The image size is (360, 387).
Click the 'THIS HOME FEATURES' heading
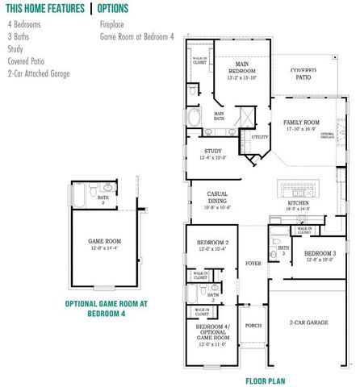[x=44, y=9]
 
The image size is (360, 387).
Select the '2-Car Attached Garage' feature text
[x=39, y=73]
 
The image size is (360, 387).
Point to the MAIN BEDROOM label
[x=241, y=64]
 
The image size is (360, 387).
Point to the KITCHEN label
[x=298, y=205]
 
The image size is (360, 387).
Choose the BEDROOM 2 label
[x=213, y=243]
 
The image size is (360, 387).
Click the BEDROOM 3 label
[x=320, y=254]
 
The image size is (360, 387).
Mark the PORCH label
[x=253, y=325]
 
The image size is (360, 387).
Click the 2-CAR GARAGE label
[x=308, y=322]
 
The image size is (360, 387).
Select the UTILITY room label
[x=259, y=137]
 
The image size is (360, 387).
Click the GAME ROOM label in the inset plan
[x=105, y=241]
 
